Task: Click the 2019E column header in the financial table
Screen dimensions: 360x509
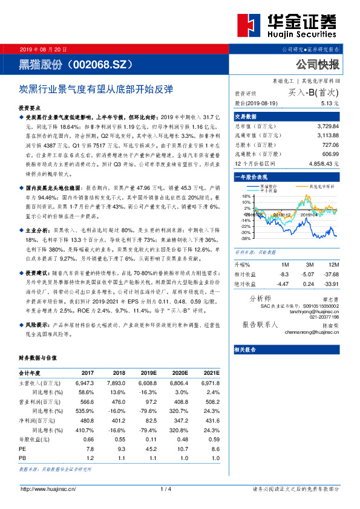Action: click(x=147, y=373)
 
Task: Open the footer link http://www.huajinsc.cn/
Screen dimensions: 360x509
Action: click(x=48, y=488)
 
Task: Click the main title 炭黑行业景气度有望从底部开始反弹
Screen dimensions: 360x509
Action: click(x=97, y=88)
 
